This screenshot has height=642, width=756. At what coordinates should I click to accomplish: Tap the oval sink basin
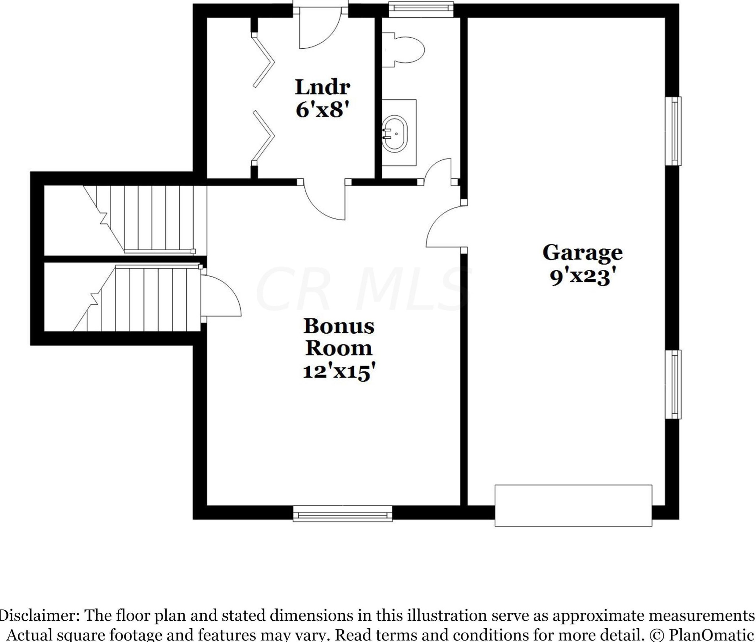point(395,134)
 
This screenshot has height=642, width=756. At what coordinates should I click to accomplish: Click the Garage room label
point(582,253)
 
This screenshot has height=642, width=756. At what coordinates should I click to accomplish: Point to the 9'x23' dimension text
point(582,277)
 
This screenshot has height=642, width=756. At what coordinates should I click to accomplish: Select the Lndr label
point(322,87)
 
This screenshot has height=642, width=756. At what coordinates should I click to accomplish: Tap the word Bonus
point(339,326)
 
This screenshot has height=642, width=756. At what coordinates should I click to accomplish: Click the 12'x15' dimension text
point(338,372)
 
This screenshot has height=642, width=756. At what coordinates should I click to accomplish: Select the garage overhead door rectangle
point(573,505)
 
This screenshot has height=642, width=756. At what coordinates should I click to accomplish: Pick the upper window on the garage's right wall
point(673,131)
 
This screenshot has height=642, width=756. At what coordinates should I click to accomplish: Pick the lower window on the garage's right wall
point(673,384)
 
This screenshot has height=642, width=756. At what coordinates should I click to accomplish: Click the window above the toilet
point(421,9)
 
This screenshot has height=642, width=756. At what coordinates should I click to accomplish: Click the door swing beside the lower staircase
point(220,295)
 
